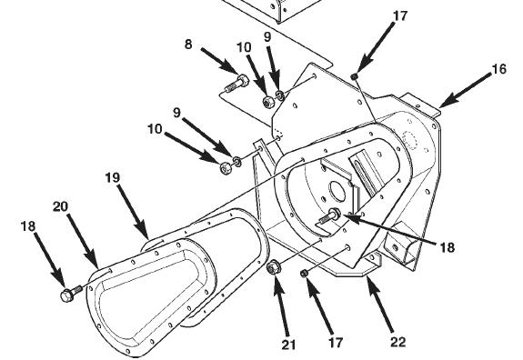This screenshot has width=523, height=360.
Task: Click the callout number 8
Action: [x=188, y=44]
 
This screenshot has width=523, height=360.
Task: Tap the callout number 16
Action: [x=499, y=69]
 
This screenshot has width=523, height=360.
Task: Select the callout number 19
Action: [x=113, y=177]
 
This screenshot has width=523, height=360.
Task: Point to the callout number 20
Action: [x=60, y=206]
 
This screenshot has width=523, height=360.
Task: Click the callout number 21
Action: [x=288, y=345]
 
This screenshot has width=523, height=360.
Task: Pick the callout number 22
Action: [x=397, y=342]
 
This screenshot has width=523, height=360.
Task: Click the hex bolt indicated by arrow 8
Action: [x=236, y=84]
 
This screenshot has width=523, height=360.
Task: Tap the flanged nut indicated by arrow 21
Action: [x=274, y=267]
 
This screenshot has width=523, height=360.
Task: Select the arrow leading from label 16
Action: [x=466, y=90]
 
